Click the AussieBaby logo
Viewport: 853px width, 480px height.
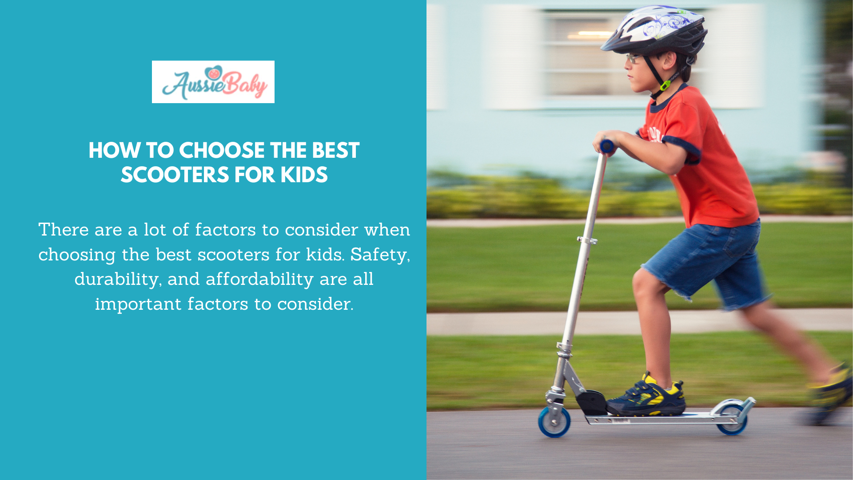click(x=213, y=82)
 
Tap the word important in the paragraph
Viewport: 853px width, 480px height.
click(x=138, y=304)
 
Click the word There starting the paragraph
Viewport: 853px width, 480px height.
click(x=64, y=230)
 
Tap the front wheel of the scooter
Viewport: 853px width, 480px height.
click(x=554, y=421)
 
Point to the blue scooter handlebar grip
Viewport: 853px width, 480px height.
click(x=607, y=146)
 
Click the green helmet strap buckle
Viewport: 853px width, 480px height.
click(x=665, y=85)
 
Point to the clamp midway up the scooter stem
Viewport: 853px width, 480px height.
click(x=587, y=241)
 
